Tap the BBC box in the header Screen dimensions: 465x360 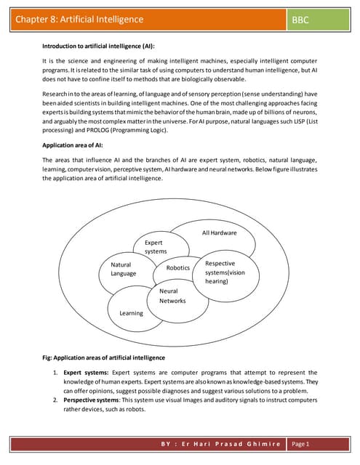click(300, 20)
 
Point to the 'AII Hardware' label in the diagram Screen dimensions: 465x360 click(219, 232)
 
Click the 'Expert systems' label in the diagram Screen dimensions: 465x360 click(155, 246)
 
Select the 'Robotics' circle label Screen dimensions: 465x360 click(177, 268)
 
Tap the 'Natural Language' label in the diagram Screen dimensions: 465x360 click(123, 269)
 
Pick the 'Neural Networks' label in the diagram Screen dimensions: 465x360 click(172, 295)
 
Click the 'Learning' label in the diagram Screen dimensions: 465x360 click(131, 312)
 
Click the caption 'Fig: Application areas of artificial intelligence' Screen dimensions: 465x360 click(104, 358)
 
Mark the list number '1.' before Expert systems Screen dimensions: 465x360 click(55, 373)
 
